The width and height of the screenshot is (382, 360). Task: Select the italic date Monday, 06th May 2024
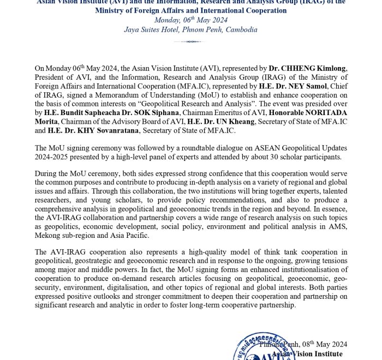pyautogui.click(x=190, y=20)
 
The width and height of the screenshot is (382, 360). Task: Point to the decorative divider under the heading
pyautogui.click(x=190, y=41)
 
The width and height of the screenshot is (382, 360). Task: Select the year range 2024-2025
pyautogui.click(x=53, y=157)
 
